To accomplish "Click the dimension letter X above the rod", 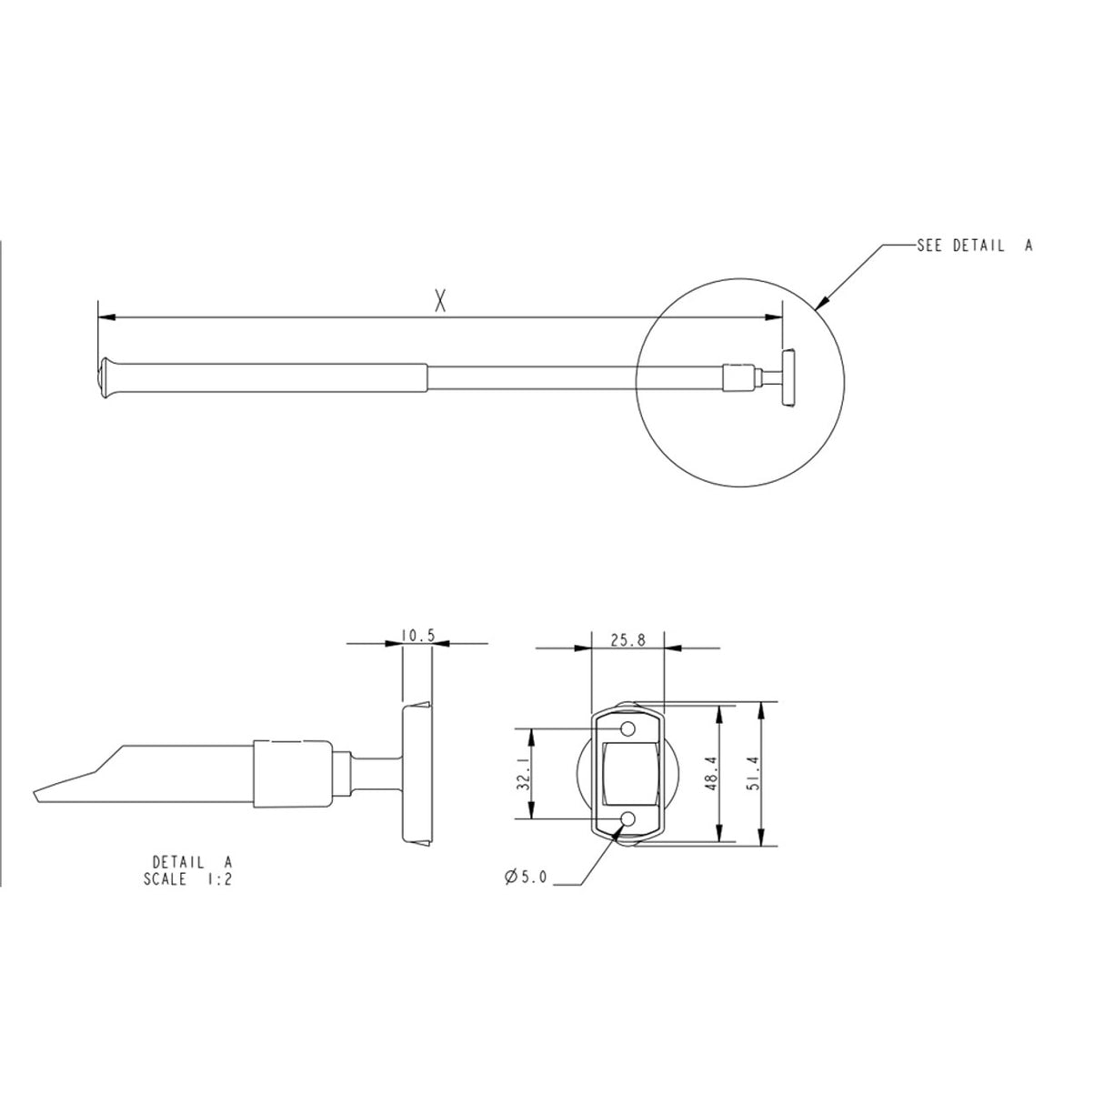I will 440,301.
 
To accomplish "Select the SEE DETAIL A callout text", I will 974,246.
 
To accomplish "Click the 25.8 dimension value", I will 627,640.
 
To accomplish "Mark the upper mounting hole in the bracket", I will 627,729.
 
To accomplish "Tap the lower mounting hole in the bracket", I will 627,819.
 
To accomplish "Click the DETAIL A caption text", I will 193,862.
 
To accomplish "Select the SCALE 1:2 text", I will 187,879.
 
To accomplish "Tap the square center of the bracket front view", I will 627,774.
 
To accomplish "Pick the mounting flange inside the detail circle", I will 788,376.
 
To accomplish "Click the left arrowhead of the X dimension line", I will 104,317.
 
